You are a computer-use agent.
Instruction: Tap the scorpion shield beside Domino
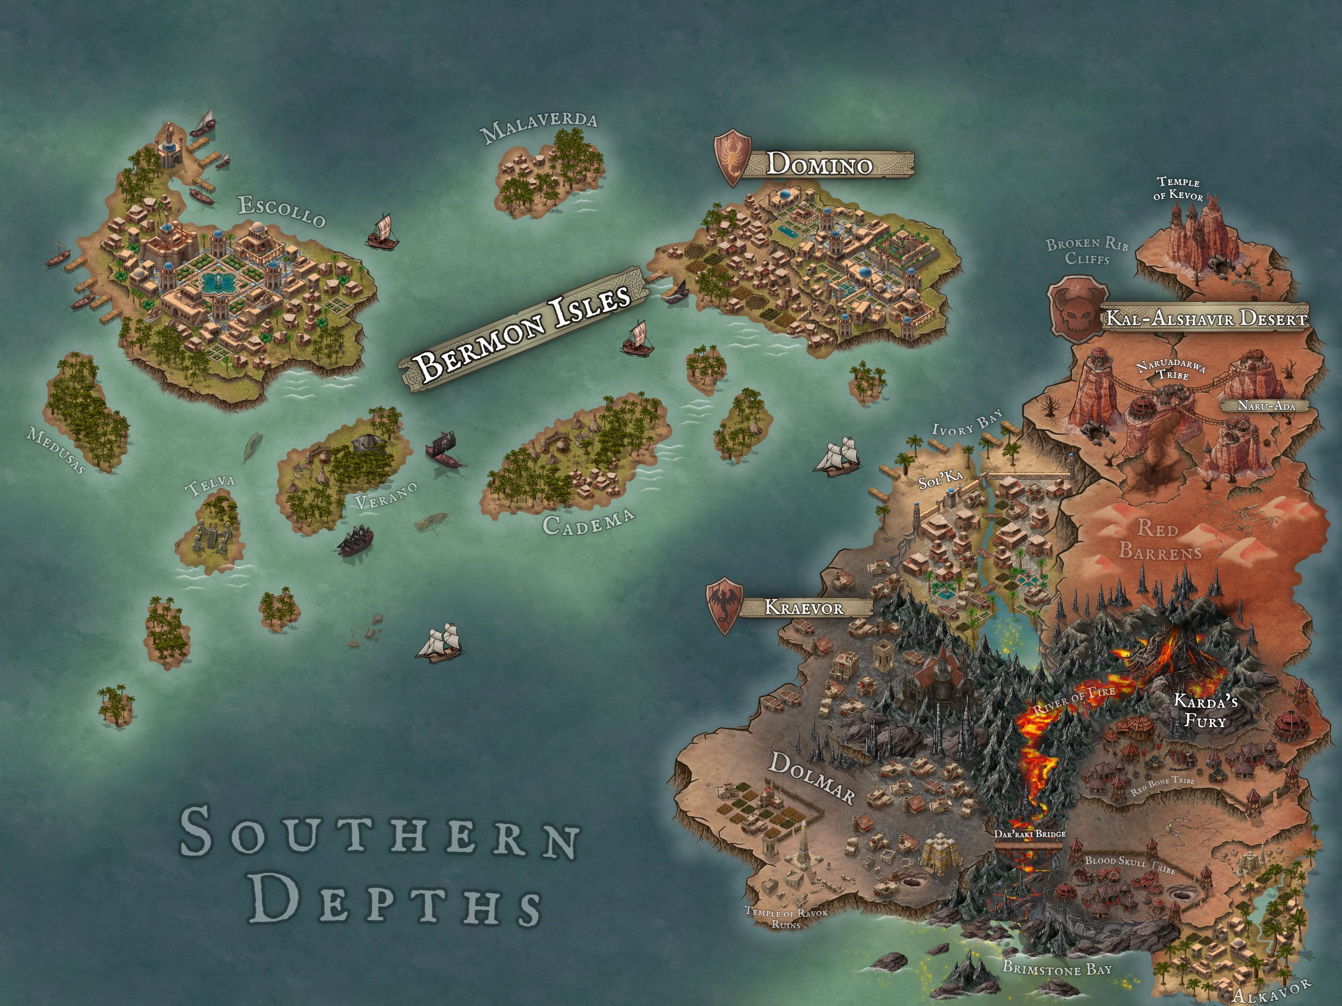tap(732, 156)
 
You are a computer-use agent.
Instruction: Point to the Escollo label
tap(281, 210)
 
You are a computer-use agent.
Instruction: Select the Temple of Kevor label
tap(1178, 189)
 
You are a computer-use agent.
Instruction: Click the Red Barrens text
tap(1159, 539)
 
